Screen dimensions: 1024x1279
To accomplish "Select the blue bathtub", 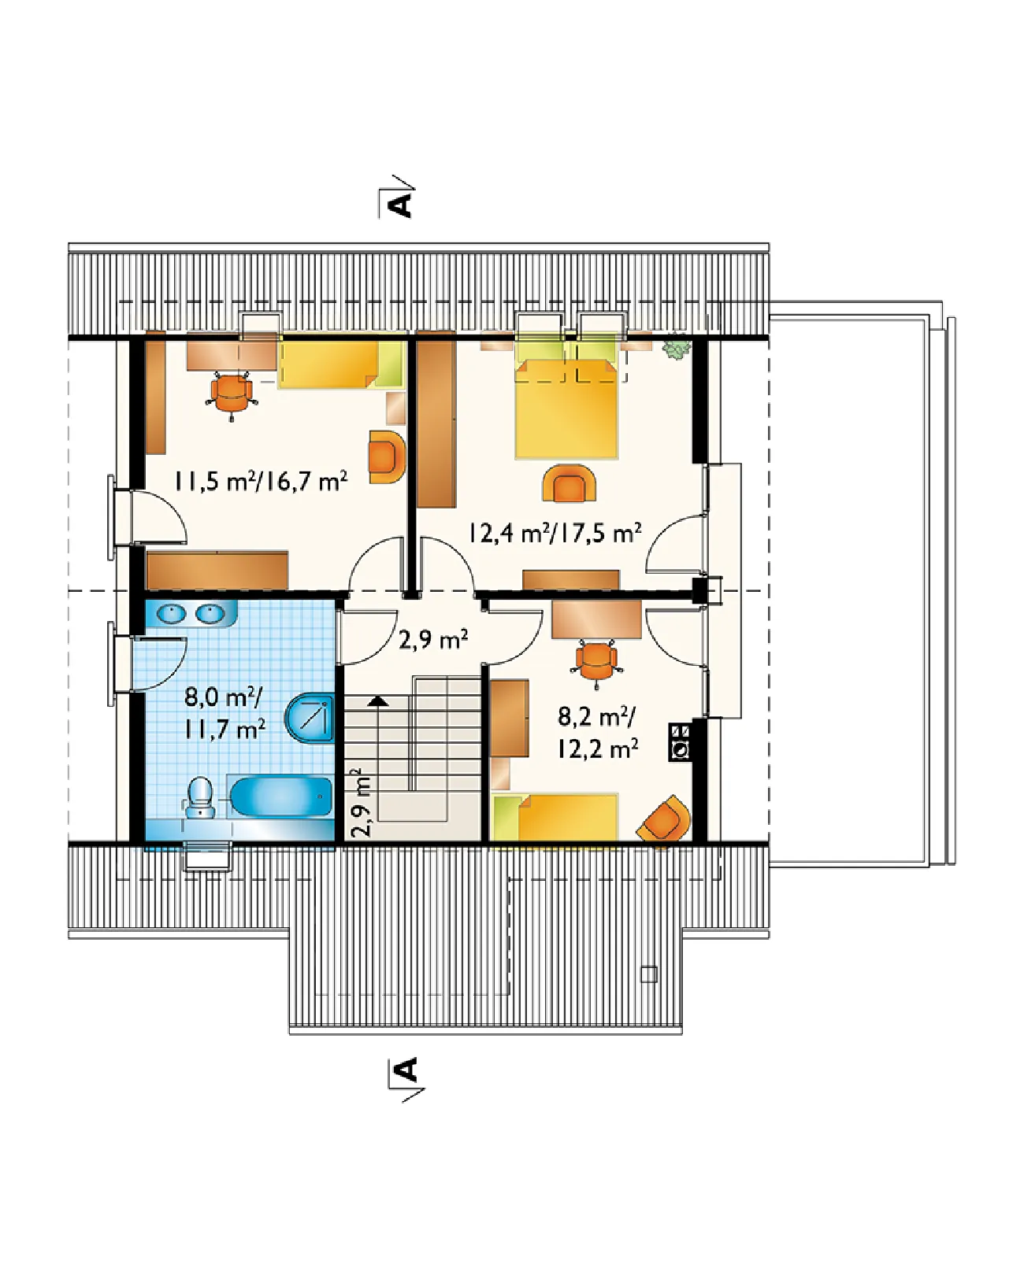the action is [x=280, y=797].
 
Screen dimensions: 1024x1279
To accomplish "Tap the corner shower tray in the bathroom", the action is [x=310, y=717].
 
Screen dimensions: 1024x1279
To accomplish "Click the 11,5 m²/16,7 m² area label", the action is [x=260, y=481].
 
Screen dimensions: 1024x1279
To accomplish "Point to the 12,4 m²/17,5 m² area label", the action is [x=555, y=533].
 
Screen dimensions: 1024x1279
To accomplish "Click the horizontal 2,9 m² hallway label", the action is [x=432, y=639].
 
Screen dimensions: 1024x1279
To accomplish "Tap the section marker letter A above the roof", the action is [x=399, y=205].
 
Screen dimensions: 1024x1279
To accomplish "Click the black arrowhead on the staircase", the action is [x=377, y=701].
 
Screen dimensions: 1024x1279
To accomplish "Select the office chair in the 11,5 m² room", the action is [x=232, y=394].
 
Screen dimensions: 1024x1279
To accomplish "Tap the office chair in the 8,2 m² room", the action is [x=596, y=664].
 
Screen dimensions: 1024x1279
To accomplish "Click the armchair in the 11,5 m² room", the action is [x=387, y=457].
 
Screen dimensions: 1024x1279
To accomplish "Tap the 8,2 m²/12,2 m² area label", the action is [x=597, y=734].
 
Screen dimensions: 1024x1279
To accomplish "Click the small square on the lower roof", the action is [x=648, y=974].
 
